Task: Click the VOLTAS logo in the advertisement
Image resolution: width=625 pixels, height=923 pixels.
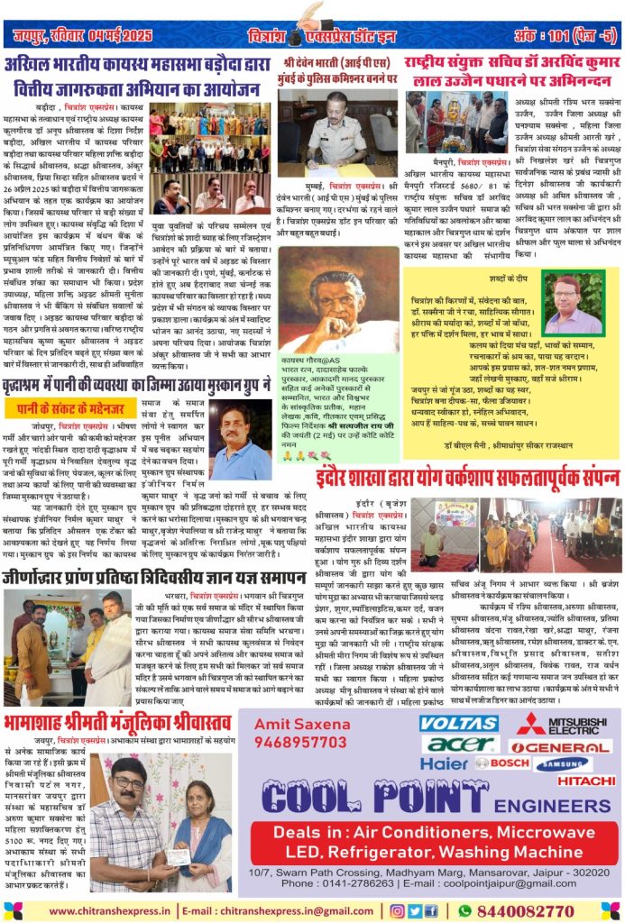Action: point(458,724)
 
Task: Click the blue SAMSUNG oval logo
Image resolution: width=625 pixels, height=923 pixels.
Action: point(562,763)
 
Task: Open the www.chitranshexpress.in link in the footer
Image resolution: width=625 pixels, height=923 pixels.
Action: point(111,910)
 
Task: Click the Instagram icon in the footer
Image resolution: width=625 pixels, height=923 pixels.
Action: point(400,910)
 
